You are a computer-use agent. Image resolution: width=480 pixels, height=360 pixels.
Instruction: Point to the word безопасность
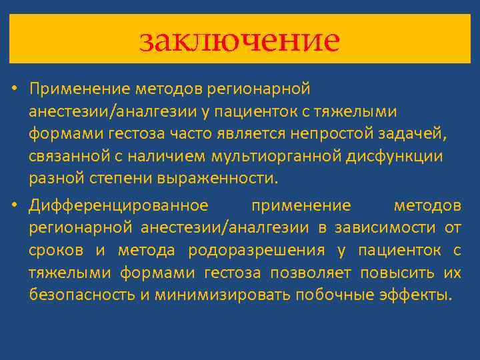click(x=81, y=296)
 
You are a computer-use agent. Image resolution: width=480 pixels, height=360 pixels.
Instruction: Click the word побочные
click(x=333, y=296)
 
